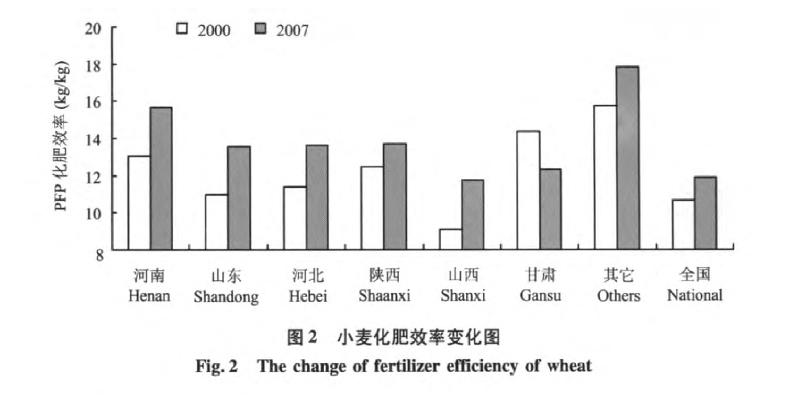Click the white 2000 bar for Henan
(139, 202)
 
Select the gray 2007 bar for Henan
(161, 178)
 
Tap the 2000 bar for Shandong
(216, 222)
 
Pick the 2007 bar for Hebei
(317, 196)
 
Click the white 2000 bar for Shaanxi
(372, 207)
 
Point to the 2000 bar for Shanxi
(450, 239)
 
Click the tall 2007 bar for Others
(628, 158)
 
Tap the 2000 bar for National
(683, 224)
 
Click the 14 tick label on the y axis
(93, 139)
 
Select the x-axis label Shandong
(226, 297)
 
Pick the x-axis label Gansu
(540, 295)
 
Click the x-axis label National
(695, 295)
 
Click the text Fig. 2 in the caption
(217, 366)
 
